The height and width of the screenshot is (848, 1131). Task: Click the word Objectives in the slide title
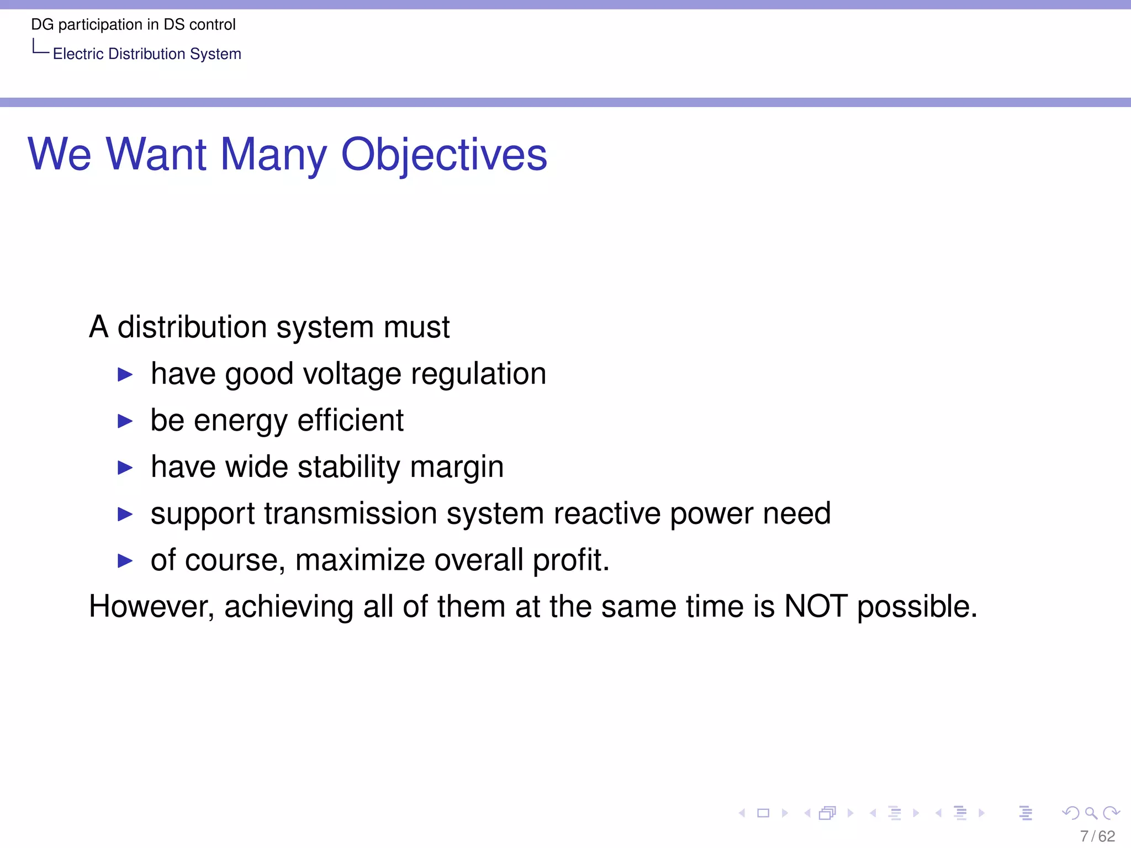coord(444,155)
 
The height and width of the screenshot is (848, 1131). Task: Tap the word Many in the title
coord(273,155)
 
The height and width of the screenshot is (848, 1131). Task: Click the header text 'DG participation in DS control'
coord(133,24)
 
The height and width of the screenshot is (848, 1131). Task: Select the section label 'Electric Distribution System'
coord(147,54)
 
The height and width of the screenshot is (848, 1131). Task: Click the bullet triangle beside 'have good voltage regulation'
coord(125,375)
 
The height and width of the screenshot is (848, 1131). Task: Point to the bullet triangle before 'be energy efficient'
coord(125,422)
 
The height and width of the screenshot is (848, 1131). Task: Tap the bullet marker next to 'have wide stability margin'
coord(125,468)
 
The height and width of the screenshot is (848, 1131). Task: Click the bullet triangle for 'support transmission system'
coord(125,515)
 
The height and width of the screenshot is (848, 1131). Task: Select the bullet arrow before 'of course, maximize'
coord(125,561)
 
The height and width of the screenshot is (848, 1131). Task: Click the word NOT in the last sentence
coord(816,606)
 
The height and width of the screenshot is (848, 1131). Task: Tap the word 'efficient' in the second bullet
coord(351,420)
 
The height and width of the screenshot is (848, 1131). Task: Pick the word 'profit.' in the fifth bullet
coord(571,560)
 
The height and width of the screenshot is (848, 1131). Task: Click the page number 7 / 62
coord(1097,836)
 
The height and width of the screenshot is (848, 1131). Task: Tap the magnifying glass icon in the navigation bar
coord(1091,813)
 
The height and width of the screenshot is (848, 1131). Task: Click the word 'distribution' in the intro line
coord(192,327)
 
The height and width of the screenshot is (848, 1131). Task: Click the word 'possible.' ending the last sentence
coord(917,606)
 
